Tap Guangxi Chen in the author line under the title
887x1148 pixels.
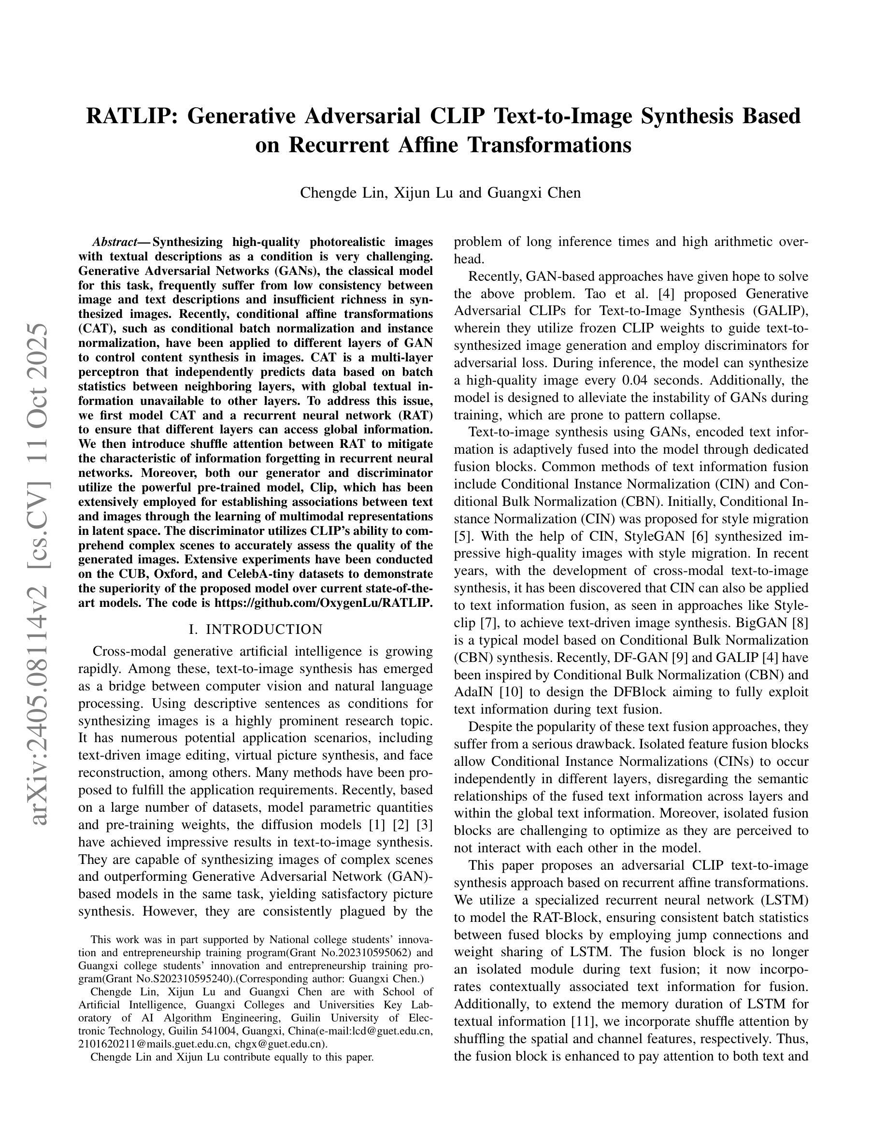pyautogui.click(x=534, y=193)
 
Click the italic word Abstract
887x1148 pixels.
pyautogui.click(x=114, y=243)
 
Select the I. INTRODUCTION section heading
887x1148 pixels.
pyautogui.click(x=256, y=629)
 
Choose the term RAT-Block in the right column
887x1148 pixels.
pyautogui.click(x=565, y=918)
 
